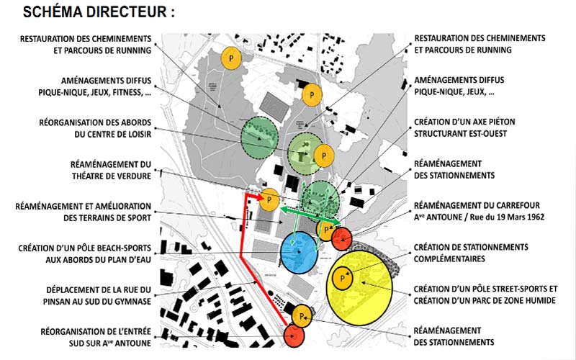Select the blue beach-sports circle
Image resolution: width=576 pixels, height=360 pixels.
(300, 253)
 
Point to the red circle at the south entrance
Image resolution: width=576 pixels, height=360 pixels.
(295, 335)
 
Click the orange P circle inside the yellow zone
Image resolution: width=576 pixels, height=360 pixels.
(342, 277)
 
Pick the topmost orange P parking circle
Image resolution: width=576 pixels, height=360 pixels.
(230, 58)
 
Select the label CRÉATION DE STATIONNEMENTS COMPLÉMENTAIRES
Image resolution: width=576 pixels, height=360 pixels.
(471, 253)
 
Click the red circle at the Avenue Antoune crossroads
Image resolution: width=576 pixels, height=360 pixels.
(341, 237)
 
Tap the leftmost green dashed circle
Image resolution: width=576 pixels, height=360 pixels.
(258, 138)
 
